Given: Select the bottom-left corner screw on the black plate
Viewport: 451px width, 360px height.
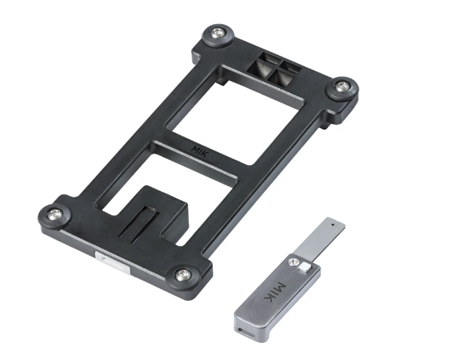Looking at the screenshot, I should point(55,214).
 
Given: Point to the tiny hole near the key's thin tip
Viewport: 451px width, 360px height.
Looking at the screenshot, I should point(332,220).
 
